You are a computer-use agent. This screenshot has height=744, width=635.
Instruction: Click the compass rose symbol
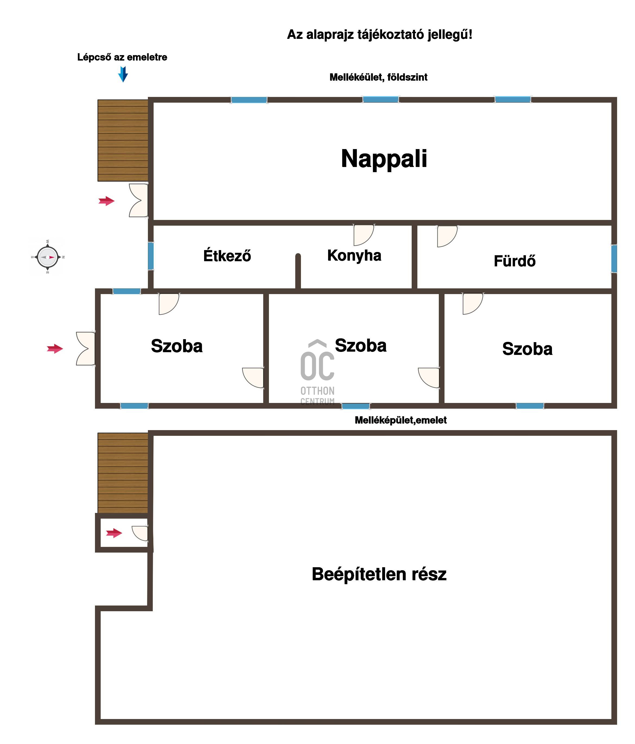(47, 257)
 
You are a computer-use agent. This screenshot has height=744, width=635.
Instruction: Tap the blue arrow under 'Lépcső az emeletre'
(123, 74)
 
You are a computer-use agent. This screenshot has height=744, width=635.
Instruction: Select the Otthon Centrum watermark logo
(317, 372)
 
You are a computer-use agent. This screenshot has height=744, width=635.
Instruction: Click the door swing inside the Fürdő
(447, 236)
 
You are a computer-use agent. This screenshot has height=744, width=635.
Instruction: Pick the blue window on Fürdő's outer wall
(614, 258)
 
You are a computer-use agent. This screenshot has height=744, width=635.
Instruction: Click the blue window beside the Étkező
(151, 256)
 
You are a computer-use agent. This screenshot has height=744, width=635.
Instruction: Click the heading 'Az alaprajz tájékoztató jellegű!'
(380, 35)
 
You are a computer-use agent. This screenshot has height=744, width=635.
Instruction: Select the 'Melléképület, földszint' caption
(379, 77)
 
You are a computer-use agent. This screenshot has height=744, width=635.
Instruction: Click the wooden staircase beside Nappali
(123, 140)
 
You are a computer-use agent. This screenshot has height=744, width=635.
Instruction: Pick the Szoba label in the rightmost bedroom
(527, 349)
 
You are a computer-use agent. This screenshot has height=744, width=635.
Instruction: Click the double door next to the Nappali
(138, 200)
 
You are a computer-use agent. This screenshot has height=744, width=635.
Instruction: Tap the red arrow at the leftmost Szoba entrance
(55, 348)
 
